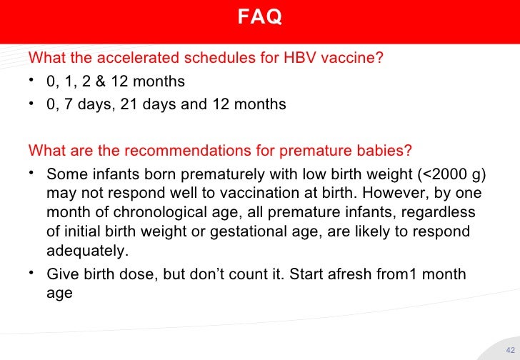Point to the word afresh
tap(366, 274)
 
